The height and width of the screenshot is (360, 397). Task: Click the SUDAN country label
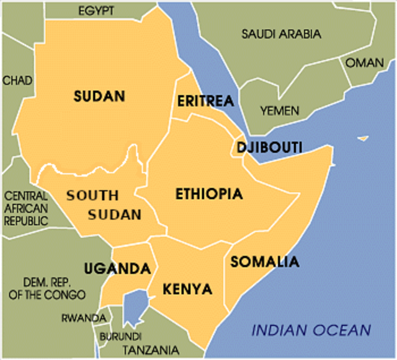[x=99, y=96]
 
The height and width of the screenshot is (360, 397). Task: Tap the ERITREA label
[x=205, y=101]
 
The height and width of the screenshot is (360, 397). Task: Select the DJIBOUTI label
[x=269, y=147]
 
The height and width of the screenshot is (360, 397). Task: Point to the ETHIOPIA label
[x=208, y=194]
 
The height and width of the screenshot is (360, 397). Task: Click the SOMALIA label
[x=265, y=261]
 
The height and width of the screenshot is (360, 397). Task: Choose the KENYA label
[x=187, y=289]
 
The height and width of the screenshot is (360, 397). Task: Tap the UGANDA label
[x=118, y=269]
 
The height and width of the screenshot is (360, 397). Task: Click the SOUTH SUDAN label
[x=103, y=205]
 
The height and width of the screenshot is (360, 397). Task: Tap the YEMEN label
[x=279, y=111]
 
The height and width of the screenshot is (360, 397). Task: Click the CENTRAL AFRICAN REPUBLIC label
[x=26, y=208]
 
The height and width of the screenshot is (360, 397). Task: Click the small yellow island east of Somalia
[x=363, y=138]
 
